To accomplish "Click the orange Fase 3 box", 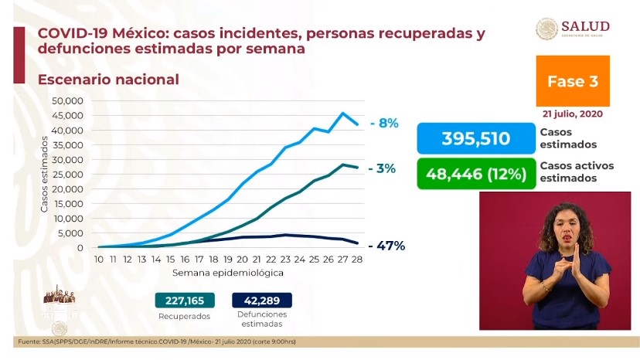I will coord(573,81).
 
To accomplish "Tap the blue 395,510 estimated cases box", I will coord(475,138).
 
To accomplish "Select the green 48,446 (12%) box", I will coord(475,173).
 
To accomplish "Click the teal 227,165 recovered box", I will coord(183,301).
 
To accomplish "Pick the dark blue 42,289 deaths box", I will coord(261,301).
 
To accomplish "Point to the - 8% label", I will coord(383,123).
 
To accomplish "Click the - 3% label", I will coord(383,168).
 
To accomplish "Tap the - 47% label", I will coord(386,246).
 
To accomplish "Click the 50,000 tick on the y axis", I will coord(66,101).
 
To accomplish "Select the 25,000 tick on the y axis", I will coord(66,175).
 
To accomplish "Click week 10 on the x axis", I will coord(99,260).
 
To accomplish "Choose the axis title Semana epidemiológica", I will coord(227,273).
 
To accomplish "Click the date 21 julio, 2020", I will coord(573,114).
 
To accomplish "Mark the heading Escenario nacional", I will coord(108,80).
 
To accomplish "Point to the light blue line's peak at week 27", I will coord(342,114).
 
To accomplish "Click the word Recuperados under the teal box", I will coord(183,317).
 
